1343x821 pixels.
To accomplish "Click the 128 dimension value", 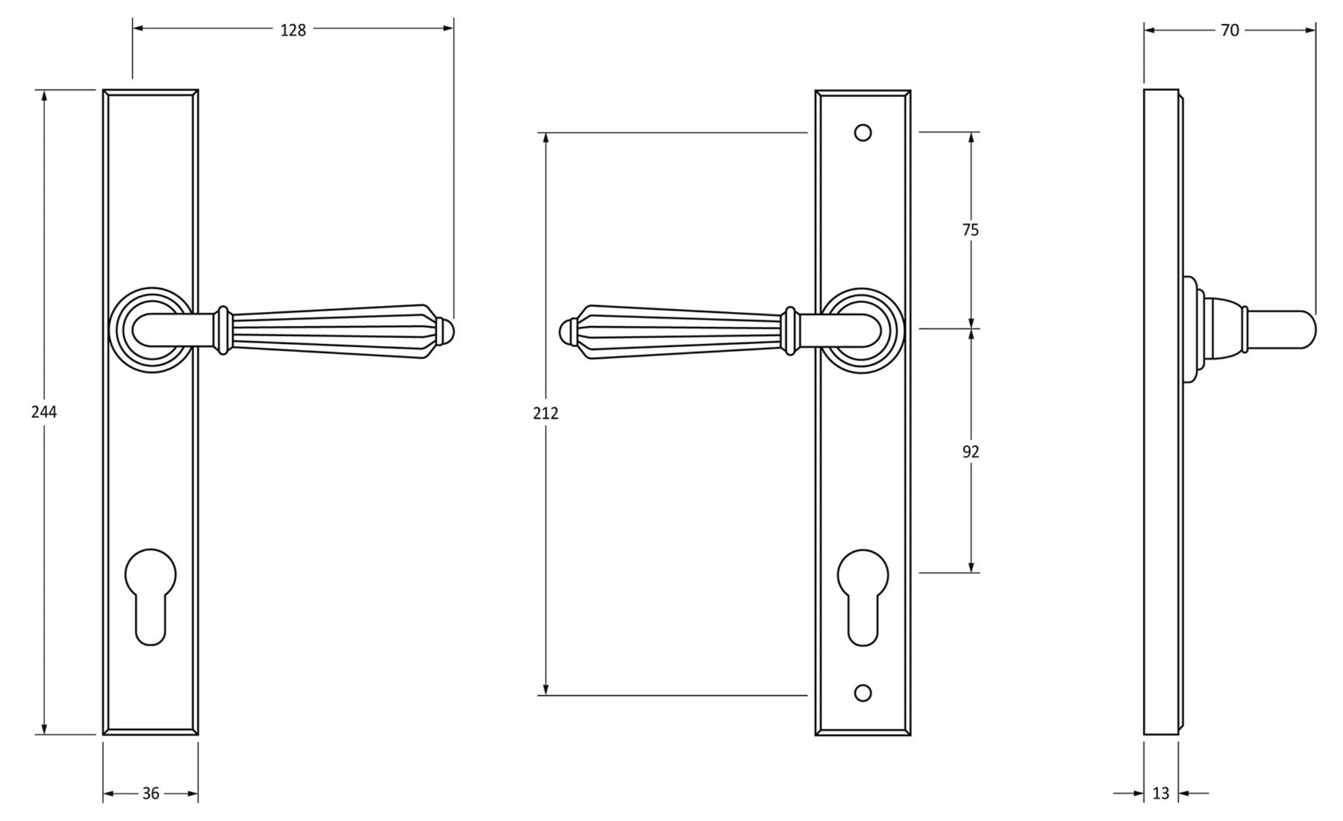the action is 293,30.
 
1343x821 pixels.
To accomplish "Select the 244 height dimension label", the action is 44,412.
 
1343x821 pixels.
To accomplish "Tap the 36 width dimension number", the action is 151,793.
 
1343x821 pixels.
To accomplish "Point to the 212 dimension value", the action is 545,413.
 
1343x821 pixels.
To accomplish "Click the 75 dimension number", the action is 970,230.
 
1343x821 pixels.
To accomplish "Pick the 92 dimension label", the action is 970,452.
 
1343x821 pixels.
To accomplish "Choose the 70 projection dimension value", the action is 1230,30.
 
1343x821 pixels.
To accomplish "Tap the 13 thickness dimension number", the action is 1160,793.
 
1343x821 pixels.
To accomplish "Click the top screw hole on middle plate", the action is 863,133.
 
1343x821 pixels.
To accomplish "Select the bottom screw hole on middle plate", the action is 863,693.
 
